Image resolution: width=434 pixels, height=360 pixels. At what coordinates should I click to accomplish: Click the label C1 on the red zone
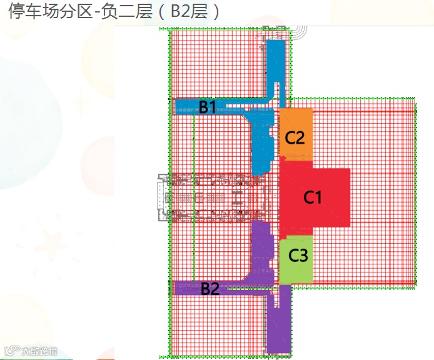[x=312, y=197]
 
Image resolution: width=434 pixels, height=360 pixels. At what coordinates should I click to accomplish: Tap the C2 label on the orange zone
[x=295, y=137]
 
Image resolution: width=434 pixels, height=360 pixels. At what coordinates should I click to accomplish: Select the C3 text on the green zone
[x=298, y=255]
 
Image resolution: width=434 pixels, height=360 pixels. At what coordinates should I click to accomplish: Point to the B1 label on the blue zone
[x=208, y=107]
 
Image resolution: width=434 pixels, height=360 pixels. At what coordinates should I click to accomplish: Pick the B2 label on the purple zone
[x=210, y=289]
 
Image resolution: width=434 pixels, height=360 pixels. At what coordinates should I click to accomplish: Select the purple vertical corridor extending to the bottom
[x=279, y=325]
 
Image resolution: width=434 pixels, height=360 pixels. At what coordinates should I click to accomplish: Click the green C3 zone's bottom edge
[x=295, y=283]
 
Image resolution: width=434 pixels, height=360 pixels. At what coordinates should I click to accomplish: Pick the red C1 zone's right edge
[x=348, y=197]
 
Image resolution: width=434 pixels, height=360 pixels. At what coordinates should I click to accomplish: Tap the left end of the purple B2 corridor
[x=178, y=288]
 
